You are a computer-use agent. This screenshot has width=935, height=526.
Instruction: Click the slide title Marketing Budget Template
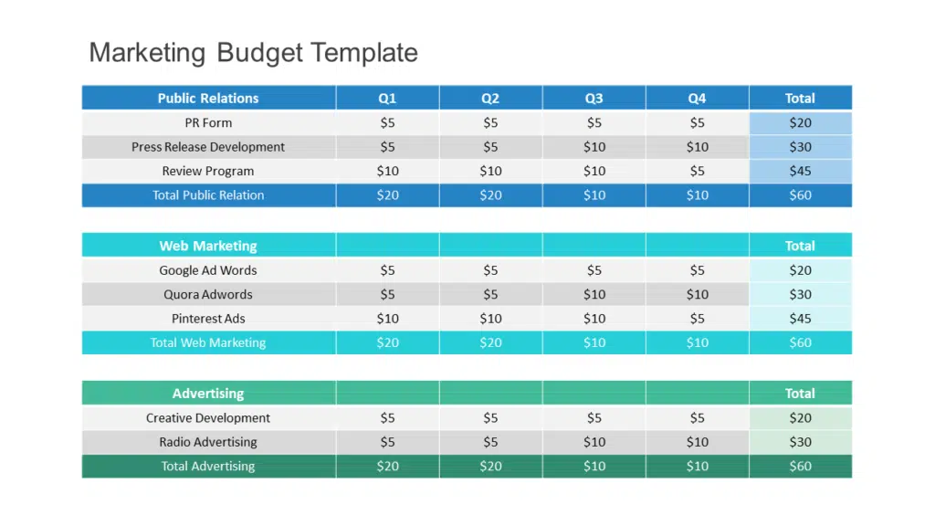click(x=253, y=52)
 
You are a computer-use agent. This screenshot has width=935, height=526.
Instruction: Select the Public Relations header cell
click(x=208, y=98)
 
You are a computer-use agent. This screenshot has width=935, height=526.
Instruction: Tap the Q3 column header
click(x=594, y=98)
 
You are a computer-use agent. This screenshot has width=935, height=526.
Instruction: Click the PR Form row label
click(x=208, y=122)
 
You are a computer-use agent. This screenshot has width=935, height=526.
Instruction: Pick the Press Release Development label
click(x=208, y=147)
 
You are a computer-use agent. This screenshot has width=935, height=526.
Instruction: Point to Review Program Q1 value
click(x=387, y=171)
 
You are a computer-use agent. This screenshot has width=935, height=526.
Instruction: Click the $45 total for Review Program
click(x=800, y=171)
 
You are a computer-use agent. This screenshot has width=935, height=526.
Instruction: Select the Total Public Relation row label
click(x=208, y=195)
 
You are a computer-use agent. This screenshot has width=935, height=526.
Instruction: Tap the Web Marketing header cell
click(x=208, y=246)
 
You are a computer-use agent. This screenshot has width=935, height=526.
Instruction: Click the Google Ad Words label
click(x=208, y=270)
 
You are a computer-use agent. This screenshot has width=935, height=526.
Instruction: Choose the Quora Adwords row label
click(x=208, y=294)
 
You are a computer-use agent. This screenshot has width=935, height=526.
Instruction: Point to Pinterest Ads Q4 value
click(x=697, y=319)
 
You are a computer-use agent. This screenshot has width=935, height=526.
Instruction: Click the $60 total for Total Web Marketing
click(x=800, y=342)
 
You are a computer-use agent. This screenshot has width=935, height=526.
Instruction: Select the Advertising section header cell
click(x=208, y=394)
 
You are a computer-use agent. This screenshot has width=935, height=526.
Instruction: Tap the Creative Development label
click(x=208, y=418)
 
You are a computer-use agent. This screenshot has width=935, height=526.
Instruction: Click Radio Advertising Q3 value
click(x=594, y=442)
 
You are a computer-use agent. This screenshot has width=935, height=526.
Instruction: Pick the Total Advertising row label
click(x=208, y=467)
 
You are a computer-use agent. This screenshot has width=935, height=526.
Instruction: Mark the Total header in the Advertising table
click(x=800, y=394)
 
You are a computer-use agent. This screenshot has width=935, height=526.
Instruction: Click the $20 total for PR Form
click(x=800, y=122)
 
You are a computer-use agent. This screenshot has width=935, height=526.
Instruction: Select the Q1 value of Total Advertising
click(x=387, y=467)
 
